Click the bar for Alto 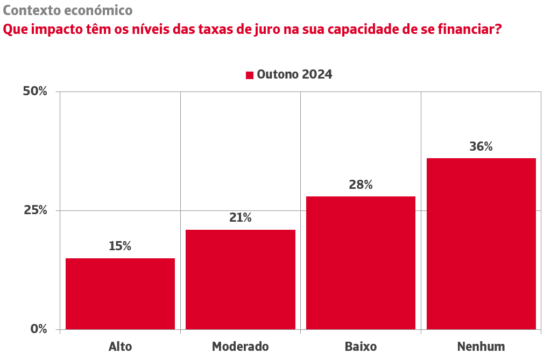[x=120, y=293]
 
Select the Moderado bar [x=241, y=279]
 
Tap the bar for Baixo [x=361, y=263]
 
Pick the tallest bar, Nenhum [x=481, y=243]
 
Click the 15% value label [x=120, y=246]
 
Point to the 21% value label [x=241, y=217]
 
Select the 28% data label [x=361, y=185]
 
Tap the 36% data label [x=481, y=146]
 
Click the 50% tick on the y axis [x=36, y=91]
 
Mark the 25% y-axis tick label [x=36, y=210]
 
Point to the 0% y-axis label [x=39, y=329]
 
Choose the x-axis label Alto [x=120, y=346]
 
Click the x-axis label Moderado [x=241, y=346]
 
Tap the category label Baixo [x=361, y=346]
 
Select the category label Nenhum [x=481, y=346]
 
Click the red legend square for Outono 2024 [x=250, y=75]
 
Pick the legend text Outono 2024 [x=294, y=75]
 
